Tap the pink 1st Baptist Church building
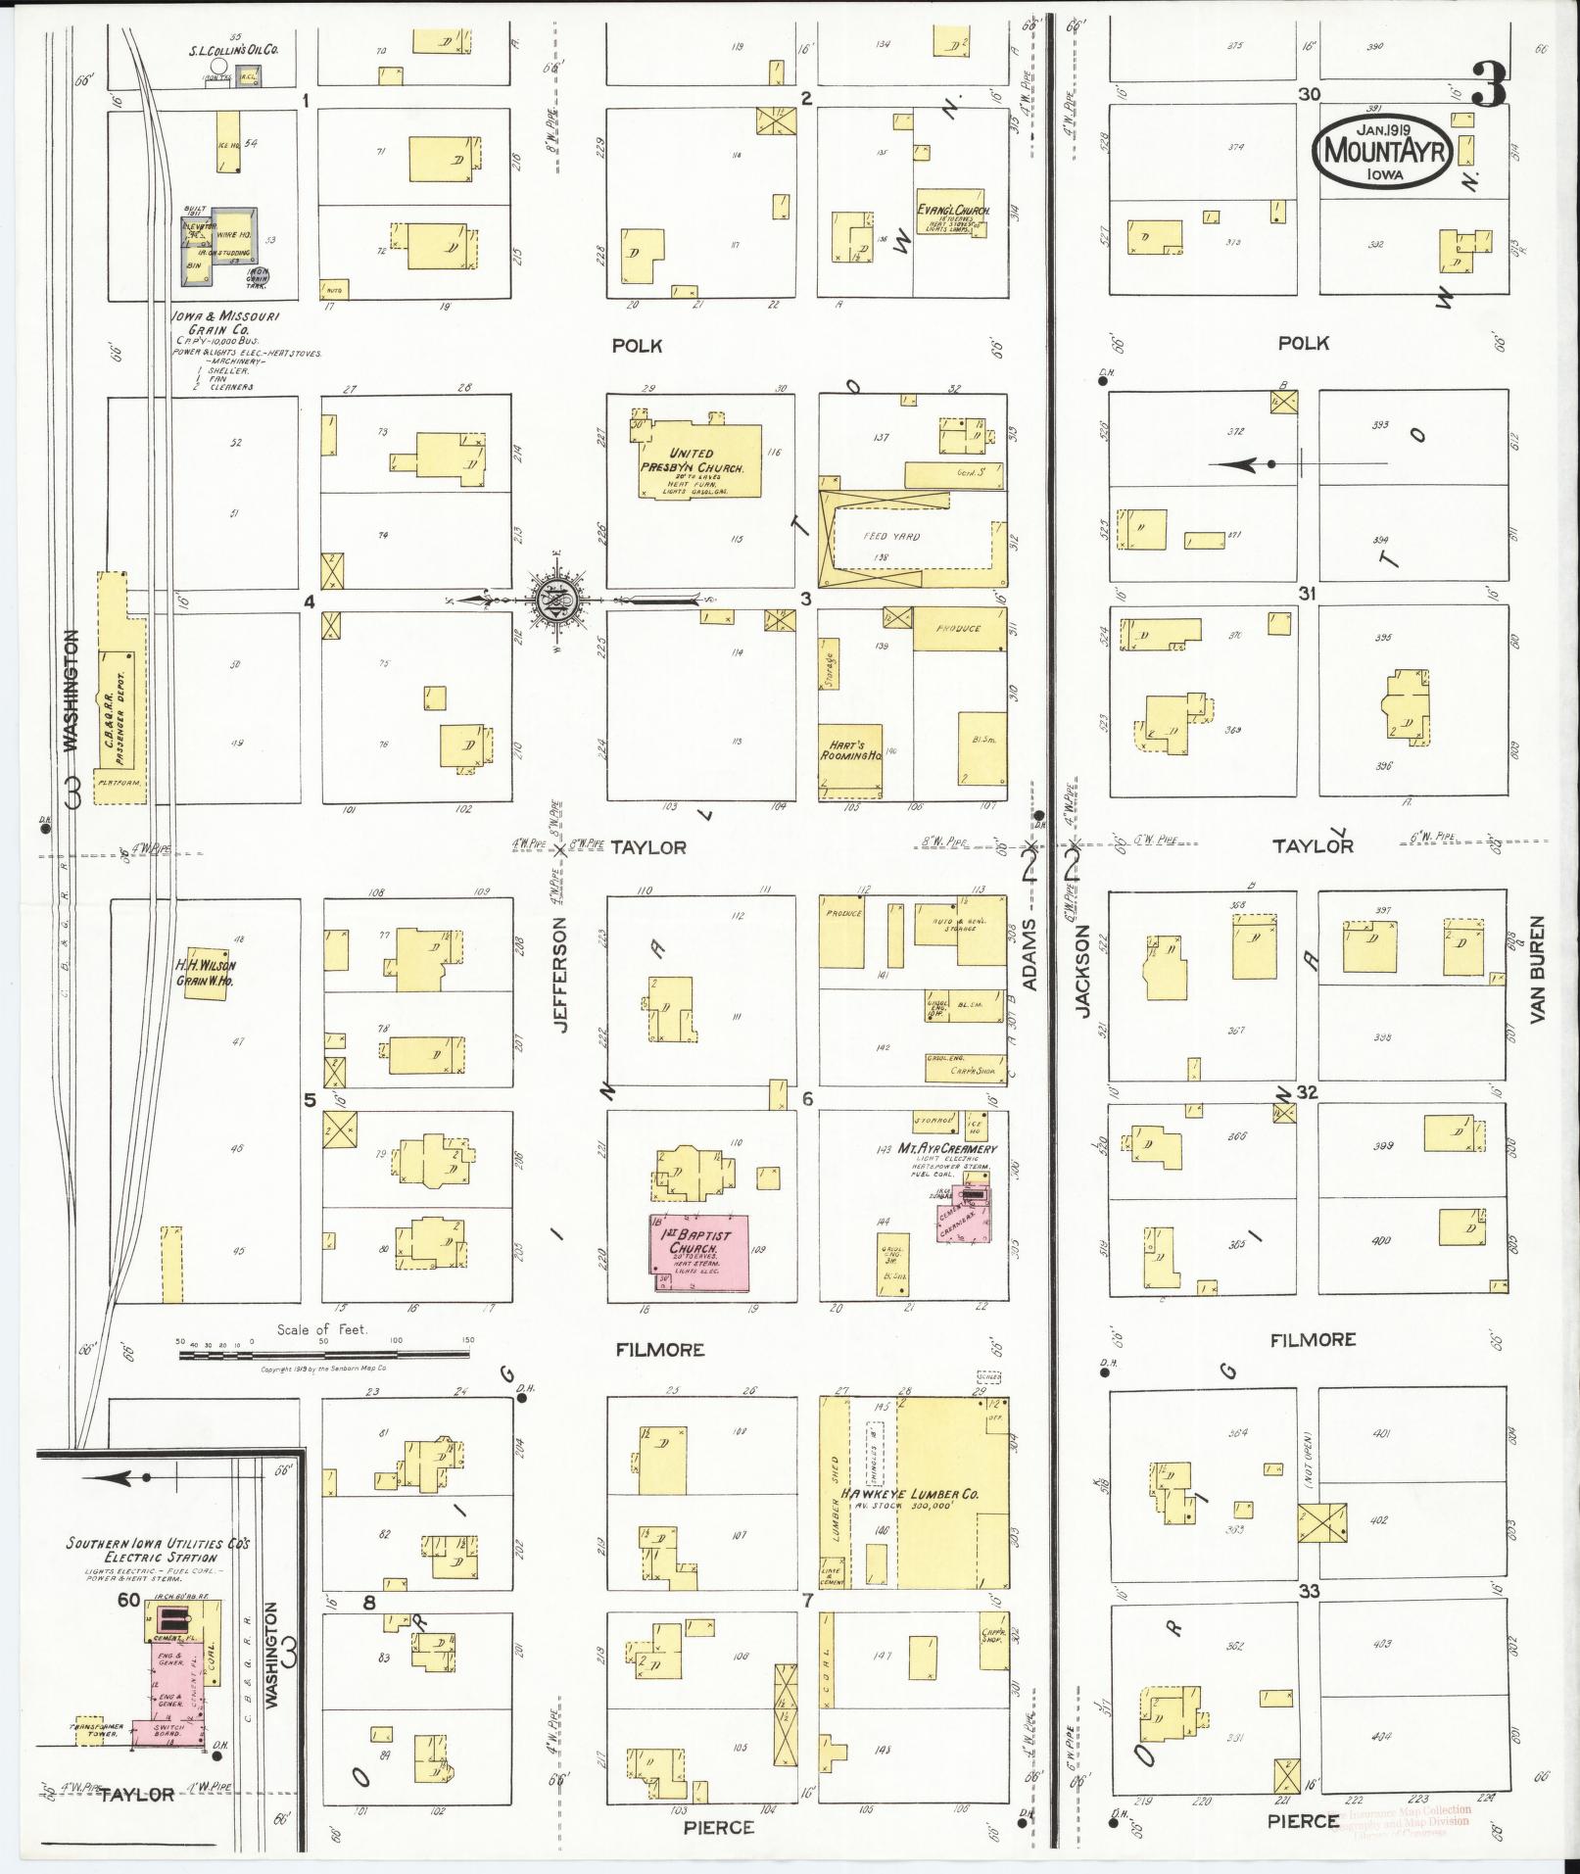point(700,1257)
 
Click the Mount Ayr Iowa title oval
point(1382,151)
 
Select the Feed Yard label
point(891,537)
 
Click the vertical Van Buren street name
point(1536,970)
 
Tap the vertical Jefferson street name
point(560,974)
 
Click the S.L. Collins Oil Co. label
point(233,48)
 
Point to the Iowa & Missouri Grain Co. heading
point(226,323)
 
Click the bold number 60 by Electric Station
point(127,1601)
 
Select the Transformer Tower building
point(91,1730)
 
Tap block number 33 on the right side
point(1309,1591)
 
